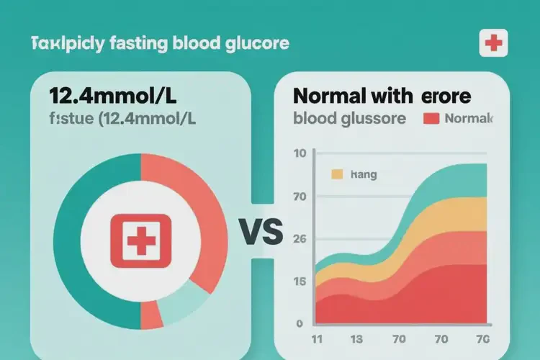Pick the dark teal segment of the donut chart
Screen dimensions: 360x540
point(72,238)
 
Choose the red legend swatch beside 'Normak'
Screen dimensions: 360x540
point(431,119)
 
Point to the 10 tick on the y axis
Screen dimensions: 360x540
point(300,153)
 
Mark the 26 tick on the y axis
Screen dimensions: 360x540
point(300,239)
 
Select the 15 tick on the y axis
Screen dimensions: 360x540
point(300,282)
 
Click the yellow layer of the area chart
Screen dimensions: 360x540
point(446,216)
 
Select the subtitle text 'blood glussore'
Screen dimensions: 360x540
point(351,119)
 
